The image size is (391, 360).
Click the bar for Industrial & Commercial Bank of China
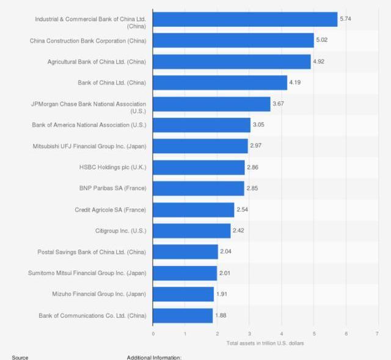click(x=244, y=20)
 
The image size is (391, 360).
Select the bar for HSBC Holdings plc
click(x=199, y=167)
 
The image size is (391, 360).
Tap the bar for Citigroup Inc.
click(x=192, y=231)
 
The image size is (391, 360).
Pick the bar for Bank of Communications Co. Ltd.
click(x=183, y=315)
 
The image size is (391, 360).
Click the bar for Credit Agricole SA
click(x=194, y=210)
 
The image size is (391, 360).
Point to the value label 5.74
click(x=346, y=20)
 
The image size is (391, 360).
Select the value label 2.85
click(x=252, y=189)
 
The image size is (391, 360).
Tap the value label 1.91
click(x=222, y=294)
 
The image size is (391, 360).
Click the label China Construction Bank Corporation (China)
click(x=88, y=41)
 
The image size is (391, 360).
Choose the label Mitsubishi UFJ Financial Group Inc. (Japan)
click(x=89, y=146)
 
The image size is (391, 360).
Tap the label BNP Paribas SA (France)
click(x=112, y=189)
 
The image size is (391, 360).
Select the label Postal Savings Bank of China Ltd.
click(x=92, y=252)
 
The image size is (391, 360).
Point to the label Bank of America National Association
click(x=89, y=125)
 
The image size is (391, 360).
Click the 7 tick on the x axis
click(x=378, y=333)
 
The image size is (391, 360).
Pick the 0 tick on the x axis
click(x=153, y=333)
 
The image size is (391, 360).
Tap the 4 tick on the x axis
click(x=281, y=333)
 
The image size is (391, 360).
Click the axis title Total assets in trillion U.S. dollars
click(x=265, y=343)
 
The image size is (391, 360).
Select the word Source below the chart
click(x=20, y=357)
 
